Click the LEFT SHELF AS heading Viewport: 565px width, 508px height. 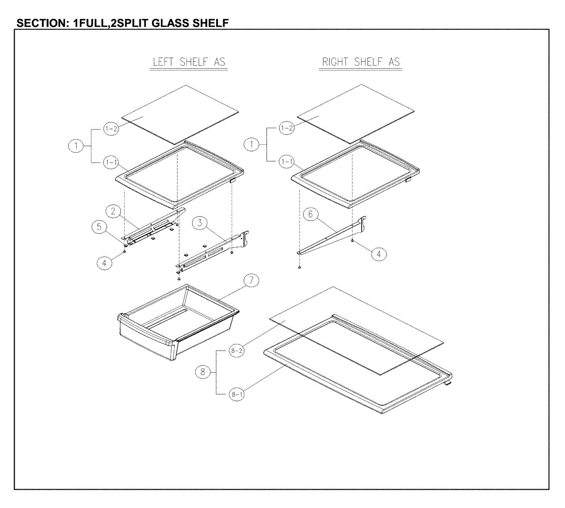(x=189, y=62)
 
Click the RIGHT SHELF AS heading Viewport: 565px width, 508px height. (x=361, y=62)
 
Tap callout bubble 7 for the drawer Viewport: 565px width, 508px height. (x=251, y=280)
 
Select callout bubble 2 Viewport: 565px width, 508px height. (x=113, y=211)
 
